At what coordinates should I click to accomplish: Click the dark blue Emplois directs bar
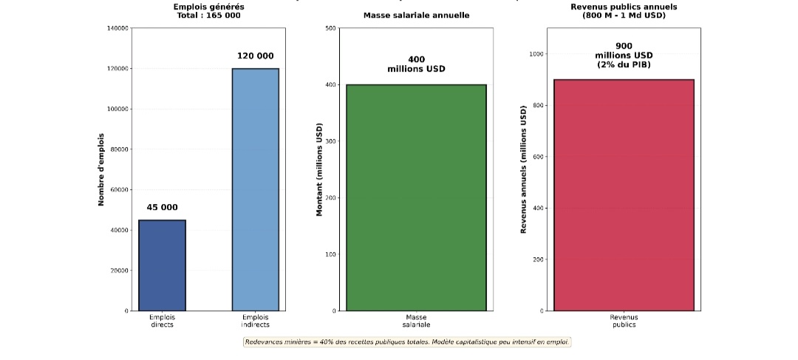click(162, 265)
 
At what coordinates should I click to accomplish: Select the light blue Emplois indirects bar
click(255, 189)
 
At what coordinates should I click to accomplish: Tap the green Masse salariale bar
click(416, 197)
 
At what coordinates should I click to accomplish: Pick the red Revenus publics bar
click(624, 195)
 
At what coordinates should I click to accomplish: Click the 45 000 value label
click(162, 208)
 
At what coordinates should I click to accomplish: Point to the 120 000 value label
click(255, 56)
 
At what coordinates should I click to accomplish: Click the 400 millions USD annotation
click(416, 64)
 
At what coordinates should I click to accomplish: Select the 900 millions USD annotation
click(624, 55)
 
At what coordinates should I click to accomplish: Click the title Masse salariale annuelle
click(416, 16)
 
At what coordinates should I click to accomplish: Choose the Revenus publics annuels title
click(624, 10)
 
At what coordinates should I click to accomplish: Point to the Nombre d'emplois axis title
click(101, 169)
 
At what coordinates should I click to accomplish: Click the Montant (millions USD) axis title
click(320, 169)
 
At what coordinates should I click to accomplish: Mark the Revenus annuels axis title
click(523, 169)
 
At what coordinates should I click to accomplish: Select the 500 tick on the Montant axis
click(330, 28)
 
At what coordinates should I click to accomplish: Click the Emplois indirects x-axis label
click(255, 321)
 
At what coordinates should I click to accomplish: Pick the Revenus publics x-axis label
click(624, 321)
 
